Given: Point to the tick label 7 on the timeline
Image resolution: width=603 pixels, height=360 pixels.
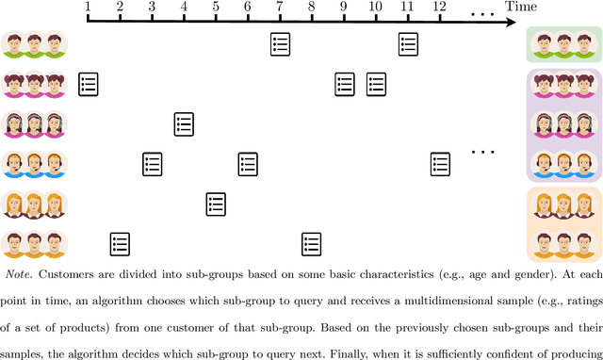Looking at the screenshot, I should [x=279, y=7].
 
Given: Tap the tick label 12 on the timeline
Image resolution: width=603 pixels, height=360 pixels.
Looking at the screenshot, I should [x=438, y=7].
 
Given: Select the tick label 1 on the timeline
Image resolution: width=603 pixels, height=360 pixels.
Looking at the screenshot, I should [x=88, y=7].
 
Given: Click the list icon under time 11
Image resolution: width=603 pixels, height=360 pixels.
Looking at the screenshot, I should [x=407, y=43].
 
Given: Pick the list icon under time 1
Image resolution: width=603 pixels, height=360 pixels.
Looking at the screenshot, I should [x=89, y=84].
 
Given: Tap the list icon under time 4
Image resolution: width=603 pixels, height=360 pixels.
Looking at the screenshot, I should [x=184, y=123].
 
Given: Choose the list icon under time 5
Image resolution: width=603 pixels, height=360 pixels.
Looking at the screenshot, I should [x=216, y=204].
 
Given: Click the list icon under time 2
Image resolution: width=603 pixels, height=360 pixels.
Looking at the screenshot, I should [x=120, y=243].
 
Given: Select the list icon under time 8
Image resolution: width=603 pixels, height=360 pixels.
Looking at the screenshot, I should [x=311, y=243].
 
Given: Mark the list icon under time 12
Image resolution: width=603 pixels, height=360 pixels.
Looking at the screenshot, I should [x=439, y=164].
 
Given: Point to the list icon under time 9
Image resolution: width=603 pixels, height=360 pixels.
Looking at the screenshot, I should [x=344, y=84].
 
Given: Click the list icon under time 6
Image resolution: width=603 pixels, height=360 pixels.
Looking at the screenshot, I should [x=248, y=164].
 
